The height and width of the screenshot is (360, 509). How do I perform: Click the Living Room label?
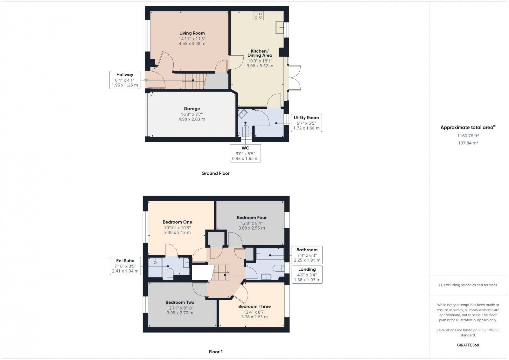tap(192, 33)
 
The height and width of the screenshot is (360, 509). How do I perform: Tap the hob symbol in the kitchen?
tap(258, 16)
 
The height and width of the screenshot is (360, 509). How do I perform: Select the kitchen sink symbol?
tap(280, 27)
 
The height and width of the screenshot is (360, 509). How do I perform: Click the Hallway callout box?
tap(125, 80)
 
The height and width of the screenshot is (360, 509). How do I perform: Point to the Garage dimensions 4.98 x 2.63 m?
tap(192, 119)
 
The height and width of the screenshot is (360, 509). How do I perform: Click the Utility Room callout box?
tap(306, 123)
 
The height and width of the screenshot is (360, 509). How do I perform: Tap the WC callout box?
tap(245, 153)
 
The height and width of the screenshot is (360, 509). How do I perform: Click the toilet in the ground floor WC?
tap(246, 131)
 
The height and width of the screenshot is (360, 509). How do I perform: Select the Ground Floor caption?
tap(215, 173)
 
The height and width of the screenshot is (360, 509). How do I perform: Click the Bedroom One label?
tap(177, 222)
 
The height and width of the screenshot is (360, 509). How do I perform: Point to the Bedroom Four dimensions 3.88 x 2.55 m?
tap(252, 228)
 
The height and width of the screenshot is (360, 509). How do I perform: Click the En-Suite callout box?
tap(125, 266)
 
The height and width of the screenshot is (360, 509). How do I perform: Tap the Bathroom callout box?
tap(307, 255)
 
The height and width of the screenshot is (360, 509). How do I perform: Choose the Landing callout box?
tap(307, 274)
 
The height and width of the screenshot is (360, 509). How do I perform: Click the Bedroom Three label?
tap(254, 306)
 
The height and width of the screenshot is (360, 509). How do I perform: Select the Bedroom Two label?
tap(180, 302)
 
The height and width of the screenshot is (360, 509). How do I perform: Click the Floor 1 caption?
tap(215, 352)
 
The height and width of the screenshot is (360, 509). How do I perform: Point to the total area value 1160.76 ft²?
tap(468, 136)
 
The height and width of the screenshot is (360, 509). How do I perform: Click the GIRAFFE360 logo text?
tap(468, 345)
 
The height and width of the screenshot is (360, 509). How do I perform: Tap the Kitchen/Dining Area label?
tap(260, 53)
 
